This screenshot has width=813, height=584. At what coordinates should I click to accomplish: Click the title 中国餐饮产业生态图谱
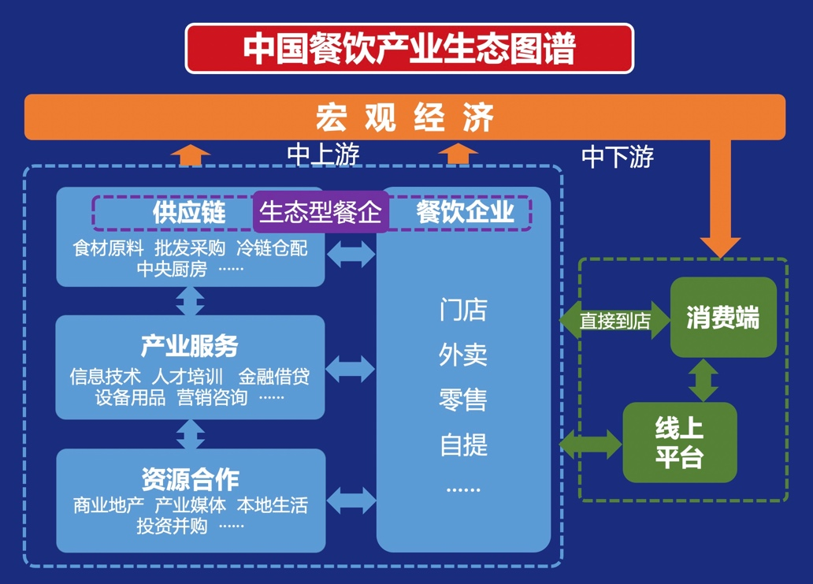pyautogui.click(x=409, y=48)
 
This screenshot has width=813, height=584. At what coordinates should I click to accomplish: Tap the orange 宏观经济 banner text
pyautogui.click(x=405, y=117)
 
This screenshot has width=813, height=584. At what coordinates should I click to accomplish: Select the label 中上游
pyautogui.click(x=323, y=155)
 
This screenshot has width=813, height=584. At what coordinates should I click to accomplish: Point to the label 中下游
pyautogui.click(x=618, y=157)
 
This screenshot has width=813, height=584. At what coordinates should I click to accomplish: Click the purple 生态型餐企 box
pyautogui.click(x=321, y=212)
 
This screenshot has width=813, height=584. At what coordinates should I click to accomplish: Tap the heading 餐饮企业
pyautogui.click(x=465, y=212)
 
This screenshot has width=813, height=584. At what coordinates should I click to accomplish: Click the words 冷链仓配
pyautogui.click(x=272, y=249)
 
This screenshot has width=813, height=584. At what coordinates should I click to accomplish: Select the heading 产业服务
pyautogui.click(x=189, y=346)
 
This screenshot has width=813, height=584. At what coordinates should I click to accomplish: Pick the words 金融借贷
pyautogui.click(x=273, y=377)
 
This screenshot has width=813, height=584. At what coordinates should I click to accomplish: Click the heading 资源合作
pyautogui.click(x=190, y=478)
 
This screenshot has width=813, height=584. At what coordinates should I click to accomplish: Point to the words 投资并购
pyautogui.click(x=171, y=526)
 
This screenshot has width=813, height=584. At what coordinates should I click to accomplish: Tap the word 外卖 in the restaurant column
pyautogui.click(x=463, y=355)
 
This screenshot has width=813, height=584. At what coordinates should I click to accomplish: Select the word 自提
pyautogui.click(x=463, y=445)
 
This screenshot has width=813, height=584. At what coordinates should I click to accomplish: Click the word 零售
pyautogui.click(x=463, y=400)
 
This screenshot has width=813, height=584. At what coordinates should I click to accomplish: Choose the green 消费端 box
pyautogui.click(x=722, y=318)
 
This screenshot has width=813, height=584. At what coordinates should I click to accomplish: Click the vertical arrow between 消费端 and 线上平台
pyautogui.click(x=703, y=380)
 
